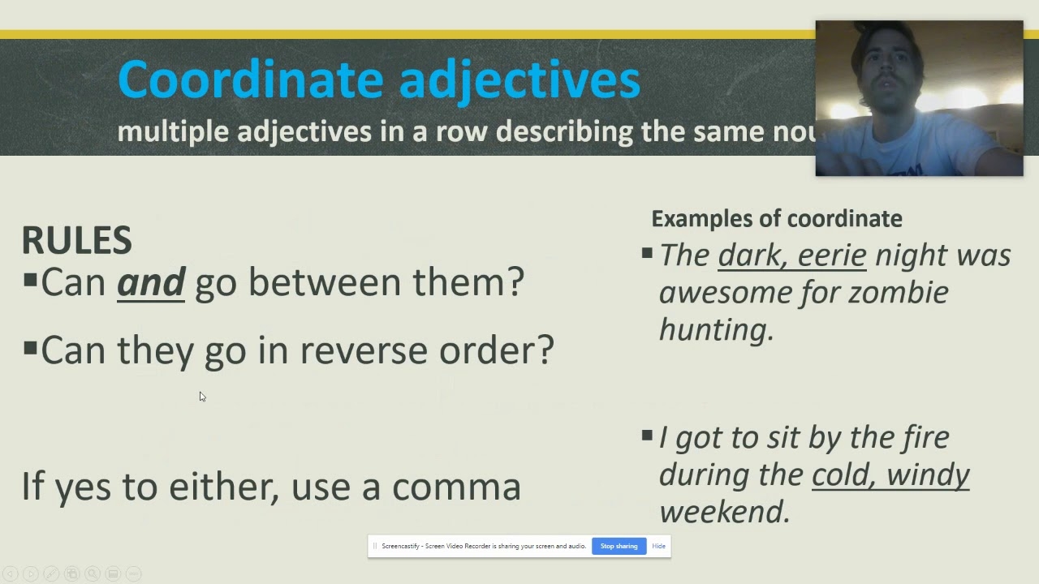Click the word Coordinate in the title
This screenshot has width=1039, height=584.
click(x=250, y=79)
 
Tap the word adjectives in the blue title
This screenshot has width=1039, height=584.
click(x=519, y=79)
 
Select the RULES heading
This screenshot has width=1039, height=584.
click(x=76, y=240)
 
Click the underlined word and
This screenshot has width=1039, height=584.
click(x=151, y=282)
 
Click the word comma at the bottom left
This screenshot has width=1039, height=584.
click(x=456, y=487)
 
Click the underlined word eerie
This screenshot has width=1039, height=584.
click(x=832, y=255)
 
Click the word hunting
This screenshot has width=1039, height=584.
click(x=716, y=329)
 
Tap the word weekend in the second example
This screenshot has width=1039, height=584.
click(x=724, y=512)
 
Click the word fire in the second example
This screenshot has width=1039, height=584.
click(x=926, y=437)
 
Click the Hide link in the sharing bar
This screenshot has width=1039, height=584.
click(x=658, y=546)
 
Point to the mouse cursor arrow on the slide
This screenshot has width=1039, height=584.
click(x=202, y=397)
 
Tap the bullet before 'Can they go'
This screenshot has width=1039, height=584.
click(x=30, y=350)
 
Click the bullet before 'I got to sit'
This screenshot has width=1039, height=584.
click(x=647, y=436)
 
